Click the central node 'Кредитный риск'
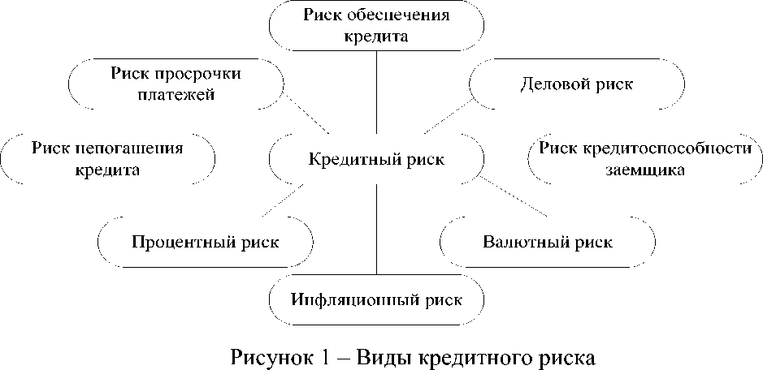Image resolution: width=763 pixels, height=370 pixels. click(x=376, y=159)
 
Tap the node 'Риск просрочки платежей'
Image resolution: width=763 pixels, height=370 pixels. click(x=176, y=84)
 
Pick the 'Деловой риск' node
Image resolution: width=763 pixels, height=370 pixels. click(x=577, y=84)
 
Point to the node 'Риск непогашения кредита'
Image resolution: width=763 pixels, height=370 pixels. click(x=107, y=159)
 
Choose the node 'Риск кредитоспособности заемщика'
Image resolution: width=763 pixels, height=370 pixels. click(x=645, y=159)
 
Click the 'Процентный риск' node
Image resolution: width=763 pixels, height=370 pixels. click(x=205, y=242)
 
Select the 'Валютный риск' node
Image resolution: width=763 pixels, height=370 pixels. click(x=547, y=242)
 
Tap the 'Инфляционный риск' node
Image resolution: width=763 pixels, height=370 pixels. click(x=375, y=299)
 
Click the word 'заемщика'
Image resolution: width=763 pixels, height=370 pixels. click(x=645, y=170)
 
